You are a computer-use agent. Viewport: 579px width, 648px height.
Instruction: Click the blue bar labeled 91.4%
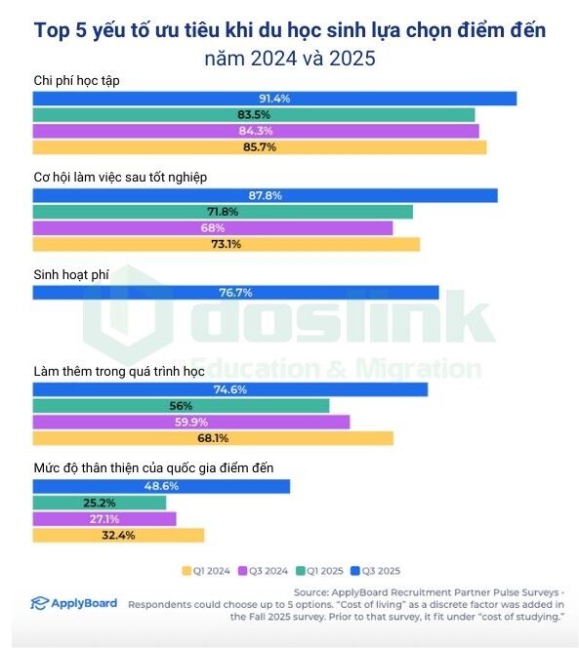tap(273, 98)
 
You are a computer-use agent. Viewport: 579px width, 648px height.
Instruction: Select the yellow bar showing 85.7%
tap(259, 147)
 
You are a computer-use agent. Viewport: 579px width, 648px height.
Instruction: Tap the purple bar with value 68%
tap(212, 227)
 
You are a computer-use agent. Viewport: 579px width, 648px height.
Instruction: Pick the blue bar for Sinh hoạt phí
tap(235, 292)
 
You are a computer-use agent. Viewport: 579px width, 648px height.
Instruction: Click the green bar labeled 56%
tap(181, 405)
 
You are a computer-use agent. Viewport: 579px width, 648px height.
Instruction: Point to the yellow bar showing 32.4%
tap(118, 535)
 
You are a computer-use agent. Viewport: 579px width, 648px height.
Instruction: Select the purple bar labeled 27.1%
tap(104, 518)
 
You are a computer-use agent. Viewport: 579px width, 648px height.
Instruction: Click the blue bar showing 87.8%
tap(265, 195)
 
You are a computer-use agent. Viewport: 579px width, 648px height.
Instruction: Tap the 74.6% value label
tap(230, 388)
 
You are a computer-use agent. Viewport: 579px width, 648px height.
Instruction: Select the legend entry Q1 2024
tap(205, 571)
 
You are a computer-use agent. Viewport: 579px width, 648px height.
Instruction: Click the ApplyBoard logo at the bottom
tap(73, 603)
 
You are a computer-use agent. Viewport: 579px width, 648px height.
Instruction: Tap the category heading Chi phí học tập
tap(79, 79)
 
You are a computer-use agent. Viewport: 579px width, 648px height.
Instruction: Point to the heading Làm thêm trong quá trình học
tap(118, 371)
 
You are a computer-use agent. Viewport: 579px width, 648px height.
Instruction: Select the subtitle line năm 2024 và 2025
tap(289, 58)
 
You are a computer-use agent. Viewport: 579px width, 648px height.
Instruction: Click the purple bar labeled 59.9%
tap(190, 422)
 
